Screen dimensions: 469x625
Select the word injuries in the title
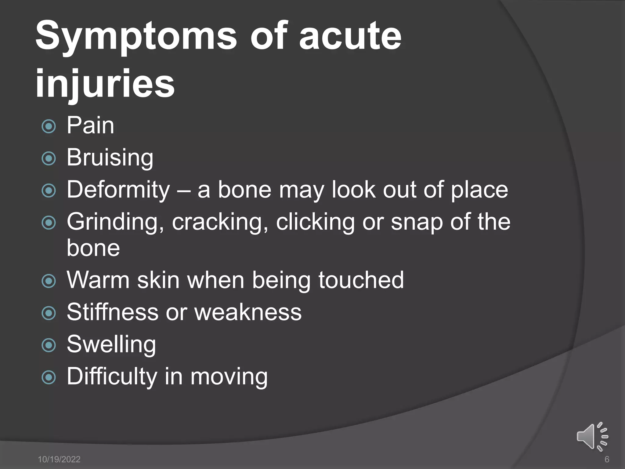coord(105,83)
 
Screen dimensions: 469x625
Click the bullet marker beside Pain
coord(49,126)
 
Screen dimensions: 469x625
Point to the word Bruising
coord(110,158)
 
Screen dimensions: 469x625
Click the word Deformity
coord(118,190)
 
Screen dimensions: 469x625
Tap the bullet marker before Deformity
coord(49,191)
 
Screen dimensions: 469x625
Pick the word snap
coord(417,222)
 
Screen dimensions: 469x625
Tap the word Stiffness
coord(112,312)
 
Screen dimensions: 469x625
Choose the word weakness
coord(248,312)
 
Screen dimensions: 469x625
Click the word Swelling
coord(111,344)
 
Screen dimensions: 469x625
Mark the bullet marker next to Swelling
coord(49,345)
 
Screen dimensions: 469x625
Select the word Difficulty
coord(112,376)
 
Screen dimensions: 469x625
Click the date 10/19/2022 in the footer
coord(59,459)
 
